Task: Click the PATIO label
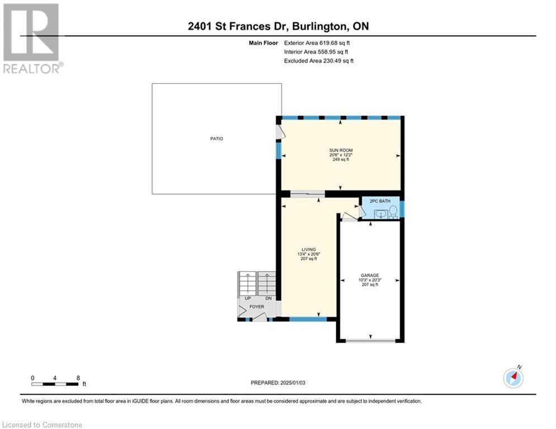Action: point(216,139)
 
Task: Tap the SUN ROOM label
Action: point(340,150)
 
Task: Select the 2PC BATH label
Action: point(380,201)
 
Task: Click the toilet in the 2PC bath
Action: point(393,211)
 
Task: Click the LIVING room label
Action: point(308,249)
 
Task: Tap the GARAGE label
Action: point(369,275)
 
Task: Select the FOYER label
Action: point(256,307)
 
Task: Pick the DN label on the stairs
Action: point(268,298)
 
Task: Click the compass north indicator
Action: point(513,378)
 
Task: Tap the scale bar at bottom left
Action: point(55,384)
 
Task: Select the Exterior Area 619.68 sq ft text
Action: point(317,42)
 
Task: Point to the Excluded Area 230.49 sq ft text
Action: point(319,61)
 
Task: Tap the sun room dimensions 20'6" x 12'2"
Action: point(340,155)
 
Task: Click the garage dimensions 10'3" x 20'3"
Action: point(369,280)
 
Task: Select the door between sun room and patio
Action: point(281,131)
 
